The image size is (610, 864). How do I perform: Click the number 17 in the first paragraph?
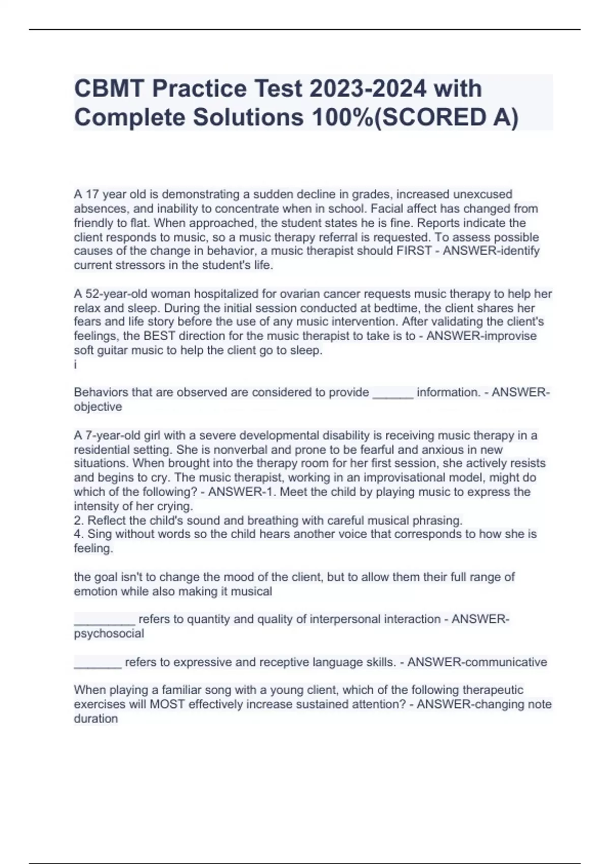(x=92, y=194)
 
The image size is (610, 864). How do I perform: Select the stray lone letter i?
(x=76, y=364)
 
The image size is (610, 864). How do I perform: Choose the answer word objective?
(x=98, y=407)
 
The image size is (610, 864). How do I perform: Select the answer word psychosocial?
(x=109, y=633)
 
